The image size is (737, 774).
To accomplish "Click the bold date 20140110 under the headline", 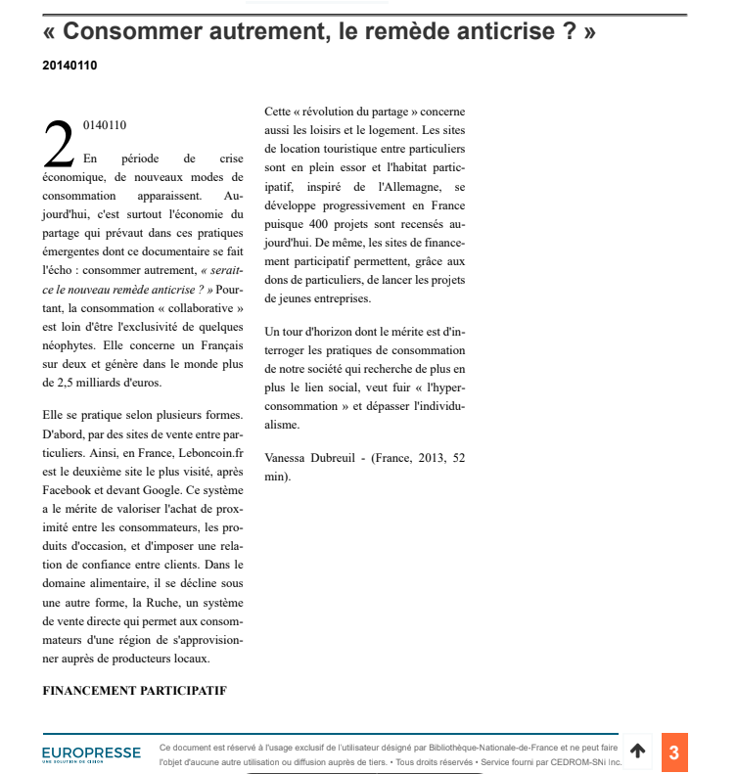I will tap(69, 66).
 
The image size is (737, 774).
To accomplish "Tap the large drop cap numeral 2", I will tap(59, 145).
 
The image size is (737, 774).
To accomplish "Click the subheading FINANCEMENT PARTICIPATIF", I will tap(134, 691).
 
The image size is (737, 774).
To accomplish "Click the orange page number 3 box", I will tap(673, 751).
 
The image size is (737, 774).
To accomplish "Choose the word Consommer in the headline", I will tap(140, 32).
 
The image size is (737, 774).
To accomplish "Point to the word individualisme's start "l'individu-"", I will tap(434, 406).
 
